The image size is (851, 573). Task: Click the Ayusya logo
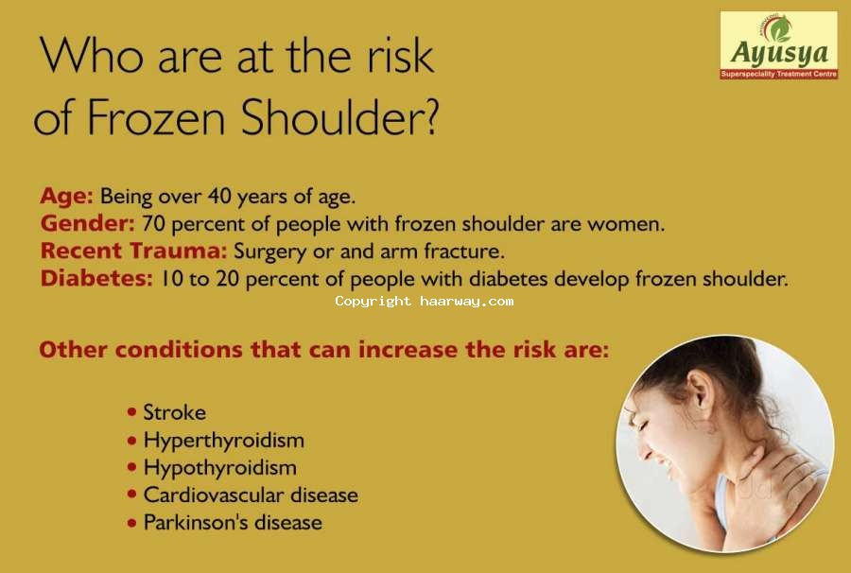click(779, 45)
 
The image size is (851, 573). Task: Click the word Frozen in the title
click(156, 116)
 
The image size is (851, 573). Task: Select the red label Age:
click(66, 196)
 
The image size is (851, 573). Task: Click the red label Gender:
click(87, 223)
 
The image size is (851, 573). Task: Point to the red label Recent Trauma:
click(133, 251)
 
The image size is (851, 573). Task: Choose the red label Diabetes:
click(96, 278)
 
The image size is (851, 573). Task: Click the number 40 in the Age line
click(219, 196)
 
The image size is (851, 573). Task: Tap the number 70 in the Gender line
click(153, 223)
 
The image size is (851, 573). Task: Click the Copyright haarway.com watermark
click(425, 301)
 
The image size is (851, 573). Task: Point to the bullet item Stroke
click(174, 412)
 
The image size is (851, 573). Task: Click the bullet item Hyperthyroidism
click(223, 440)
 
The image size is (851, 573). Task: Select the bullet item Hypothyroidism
click(219, 468)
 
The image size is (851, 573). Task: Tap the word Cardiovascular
click(213, 495)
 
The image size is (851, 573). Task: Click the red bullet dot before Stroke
click(131, 412)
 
